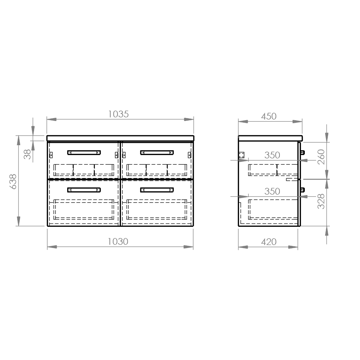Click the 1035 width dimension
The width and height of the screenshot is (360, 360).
click(x=118, y=114)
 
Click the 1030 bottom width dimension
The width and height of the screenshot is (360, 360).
click(x=118, y=242)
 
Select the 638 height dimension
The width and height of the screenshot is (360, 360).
click(x=13, y=181)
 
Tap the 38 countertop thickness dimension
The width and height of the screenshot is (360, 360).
click(x=27, y=154)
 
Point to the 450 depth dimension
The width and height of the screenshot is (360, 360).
click(x=269, y=116)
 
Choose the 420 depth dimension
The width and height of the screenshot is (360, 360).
click(x=269, y=242)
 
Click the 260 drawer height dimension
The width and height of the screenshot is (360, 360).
click(x=321, y=157)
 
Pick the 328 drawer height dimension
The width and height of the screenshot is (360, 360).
click(x=321, y=201)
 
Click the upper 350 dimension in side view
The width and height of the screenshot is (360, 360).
click(x=272, y=155)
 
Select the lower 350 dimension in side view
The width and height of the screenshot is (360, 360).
click(x=272, y=192)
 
